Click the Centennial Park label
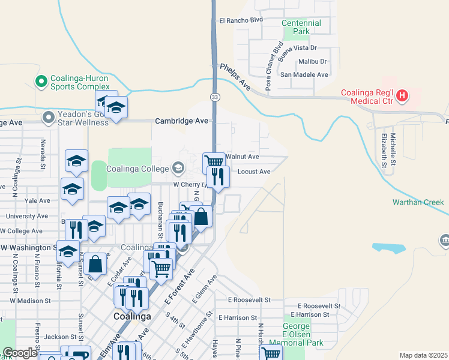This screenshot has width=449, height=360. click(301, 27)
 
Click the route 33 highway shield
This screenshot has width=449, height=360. click(214, 97)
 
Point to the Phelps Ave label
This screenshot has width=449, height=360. click(235, 76)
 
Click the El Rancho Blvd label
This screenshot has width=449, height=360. click(241, 20)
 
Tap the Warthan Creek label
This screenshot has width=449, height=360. click(417, 202)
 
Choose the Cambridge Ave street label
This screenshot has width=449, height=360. click(181, 121)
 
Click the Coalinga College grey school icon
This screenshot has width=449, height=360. click(178, 167)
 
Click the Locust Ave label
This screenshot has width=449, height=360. click(254, 172)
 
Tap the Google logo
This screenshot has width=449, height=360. click(20, 353)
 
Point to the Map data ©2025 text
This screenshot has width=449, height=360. click(423, 355)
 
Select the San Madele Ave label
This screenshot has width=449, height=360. click(305, 74)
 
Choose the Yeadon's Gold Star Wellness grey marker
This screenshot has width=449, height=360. click(49, 118)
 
